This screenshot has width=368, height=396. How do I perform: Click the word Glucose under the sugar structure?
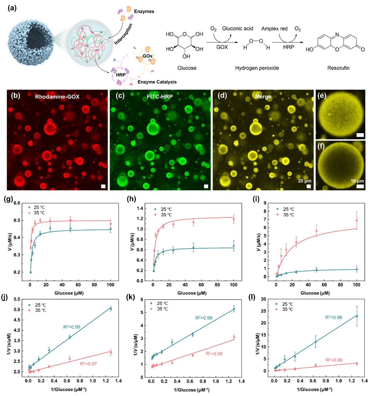click(187, 68)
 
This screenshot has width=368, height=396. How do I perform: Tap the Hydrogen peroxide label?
click(257, 68)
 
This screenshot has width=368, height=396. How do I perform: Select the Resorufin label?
click(338, 68)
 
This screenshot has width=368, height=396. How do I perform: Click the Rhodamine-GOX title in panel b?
click(57, 97)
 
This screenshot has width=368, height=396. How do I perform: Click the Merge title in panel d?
click(263, 97)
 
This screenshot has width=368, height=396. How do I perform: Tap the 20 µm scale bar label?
click(304, 181)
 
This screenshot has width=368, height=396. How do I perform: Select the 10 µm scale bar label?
click(357, 181)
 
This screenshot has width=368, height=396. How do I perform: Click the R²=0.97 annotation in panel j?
click(88, 364)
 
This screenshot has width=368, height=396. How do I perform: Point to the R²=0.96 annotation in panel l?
click(334, 360)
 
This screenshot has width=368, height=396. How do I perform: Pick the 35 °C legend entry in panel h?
click(166, 215)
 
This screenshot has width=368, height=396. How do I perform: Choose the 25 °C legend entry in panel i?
click(288, 209)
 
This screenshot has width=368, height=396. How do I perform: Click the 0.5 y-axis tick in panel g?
click(17, 220)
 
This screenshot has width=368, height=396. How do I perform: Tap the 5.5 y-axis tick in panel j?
click(17, 299)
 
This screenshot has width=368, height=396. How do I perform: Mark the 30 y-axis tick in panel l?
click(263, 299)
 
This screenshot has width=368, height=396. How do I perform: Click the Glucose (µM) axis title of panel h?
click(192, 293)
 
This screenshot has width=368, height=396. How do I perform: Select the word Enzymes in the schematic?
click(144, 12)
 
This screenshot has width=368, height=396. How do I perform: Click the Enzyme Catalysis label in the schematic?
click(157, 82)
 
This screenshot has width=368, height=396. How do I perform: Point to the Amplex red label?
click(274, 29)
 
